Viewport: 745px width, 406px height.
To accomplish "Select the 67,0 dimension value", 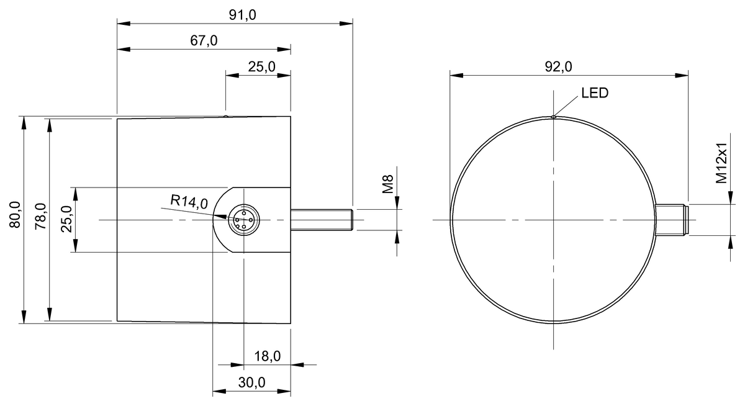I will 204,40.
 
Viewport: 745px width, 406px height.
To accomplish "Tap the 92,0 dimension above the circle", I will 559,67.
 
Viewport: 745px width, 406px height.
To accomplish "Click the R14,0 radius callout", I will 189,201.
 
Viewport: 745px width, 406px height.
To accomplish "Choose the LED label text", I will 595,94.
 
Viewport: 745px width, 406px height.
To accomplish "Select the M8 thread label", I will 388,185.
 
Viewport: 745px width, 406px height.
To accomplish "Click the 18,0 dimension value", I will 268,356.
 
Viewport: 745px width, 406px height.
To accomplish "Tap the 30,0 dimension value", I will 252,383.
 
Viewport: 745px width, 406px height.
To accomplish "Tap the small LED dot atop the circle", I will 553,115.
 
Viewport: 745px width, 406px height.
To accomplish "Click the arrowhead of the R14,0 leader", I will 223,215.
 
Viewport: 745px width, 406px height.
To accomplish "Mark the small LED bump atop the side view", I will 226,115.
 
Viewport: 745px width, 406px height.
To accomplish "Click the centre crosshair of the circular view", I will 553,220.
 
